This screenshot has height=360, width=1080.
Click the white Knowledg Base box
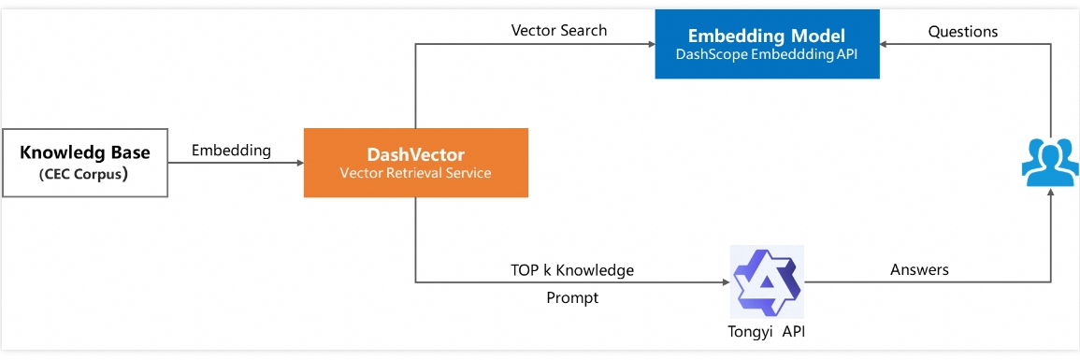(85, 163)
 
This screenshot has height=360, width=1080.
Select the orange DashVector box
(416, 163)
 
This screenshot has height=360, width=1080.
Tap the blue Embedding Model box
(768, 44)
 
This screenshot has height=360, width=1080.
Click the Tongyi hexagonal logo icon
(767, 282)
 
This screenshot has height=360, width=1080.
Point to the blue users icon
(1050, 162)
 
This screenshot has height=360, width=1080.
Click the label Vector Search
(558, 30)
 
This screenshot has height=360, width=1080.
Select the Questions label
(963, 32)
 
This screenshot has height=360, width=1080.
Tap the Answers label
(919, 269)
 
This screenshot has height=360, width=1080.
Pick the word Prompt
(572, 298)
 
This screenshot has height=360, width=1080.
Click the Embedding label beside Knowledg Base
(231, 151)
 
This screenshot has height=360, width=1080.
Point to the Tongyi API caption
(767, 331)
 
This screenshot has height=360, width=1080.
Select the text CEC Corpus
(85, 175)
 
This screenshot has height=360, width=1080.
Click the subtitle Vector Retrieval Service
(415, 173)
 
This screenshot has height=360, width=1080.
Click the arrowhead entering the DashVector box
(299, 163)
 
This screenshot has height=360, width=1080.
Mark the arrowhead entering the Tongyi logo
(726, 282)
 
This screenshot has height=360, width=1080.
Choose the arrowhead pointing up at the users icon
(1051, 194)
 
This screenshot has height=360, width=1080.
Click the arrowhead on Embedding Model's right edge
(885, 44)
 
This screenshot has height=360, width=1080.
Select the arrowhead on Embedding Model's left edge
(651, 44)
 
